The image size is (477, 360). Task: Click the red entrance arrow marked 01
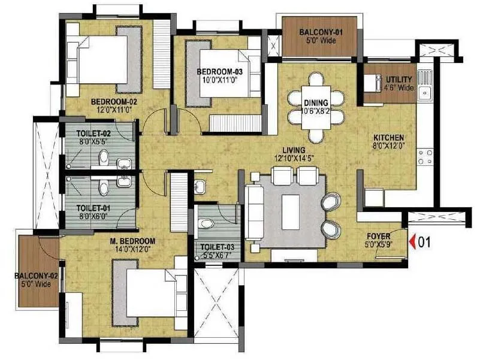click(x=412, y=242)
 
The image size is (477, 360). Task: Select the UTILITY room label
click(x=398, y=80)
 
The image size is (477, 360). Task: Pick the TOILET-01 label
click(x=92, y=208)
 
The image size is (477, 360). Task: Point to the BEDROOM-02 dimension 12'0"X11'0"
click(x=111, y=110)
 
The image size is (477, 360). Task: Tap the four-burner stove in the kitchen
click(x=425, y=157)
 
